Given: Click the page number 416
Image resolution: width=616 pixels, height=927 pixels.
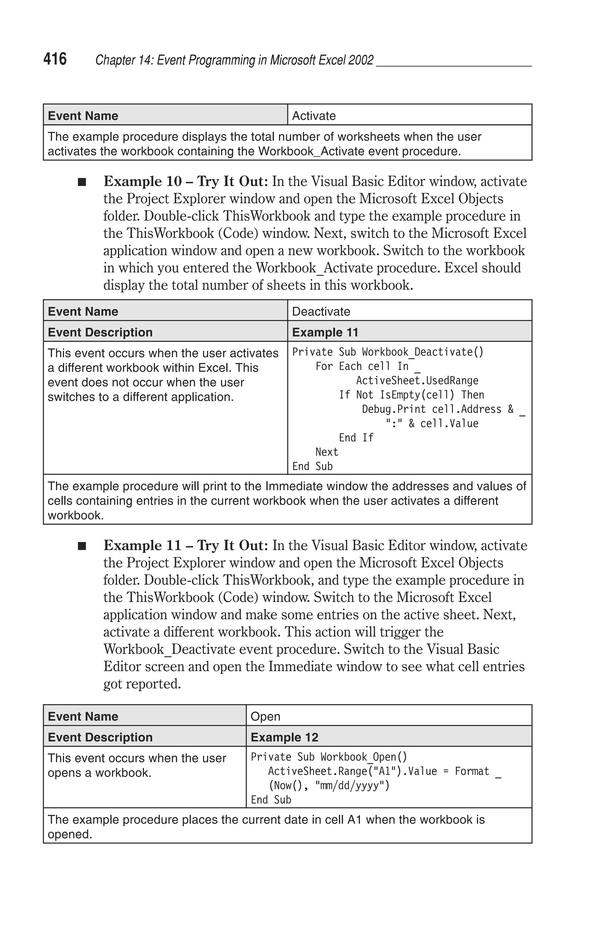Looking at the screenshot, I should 55,59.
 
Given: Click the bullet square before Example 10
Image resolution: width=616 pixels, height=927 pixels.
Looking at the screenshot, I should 82,182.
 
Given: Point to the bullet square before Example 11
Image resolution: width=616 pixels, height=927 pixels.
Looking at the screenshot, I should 82,546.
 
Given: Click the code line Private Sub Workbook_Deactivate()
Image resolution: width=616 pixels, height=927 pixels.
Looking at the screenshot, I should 388,352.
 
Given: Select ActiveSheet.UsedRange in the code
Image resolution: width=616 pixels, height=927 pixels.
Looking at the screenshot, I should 417,381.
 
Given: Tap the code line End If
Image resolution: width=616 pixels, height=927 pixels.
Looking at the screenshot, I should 356,437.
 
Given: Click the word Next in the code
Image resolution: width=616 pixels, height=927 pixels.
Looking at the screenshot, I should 326,452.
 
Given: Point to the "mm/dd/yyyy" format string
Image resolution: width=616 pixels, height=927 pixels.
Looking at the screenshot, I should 353,785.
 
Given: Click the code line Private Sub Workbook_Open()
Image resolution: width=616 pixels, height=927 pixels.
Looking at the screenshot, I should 329,757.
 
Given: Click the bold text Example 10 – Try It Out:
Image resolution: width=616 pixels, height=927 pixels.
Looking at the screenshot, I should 185,181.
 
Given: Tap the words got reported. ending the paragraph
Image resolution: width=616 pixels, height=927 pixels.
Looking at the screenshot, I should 142,684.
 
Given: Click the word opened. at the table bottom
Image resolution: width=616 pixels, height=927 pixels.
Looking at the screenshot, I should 70,834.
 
